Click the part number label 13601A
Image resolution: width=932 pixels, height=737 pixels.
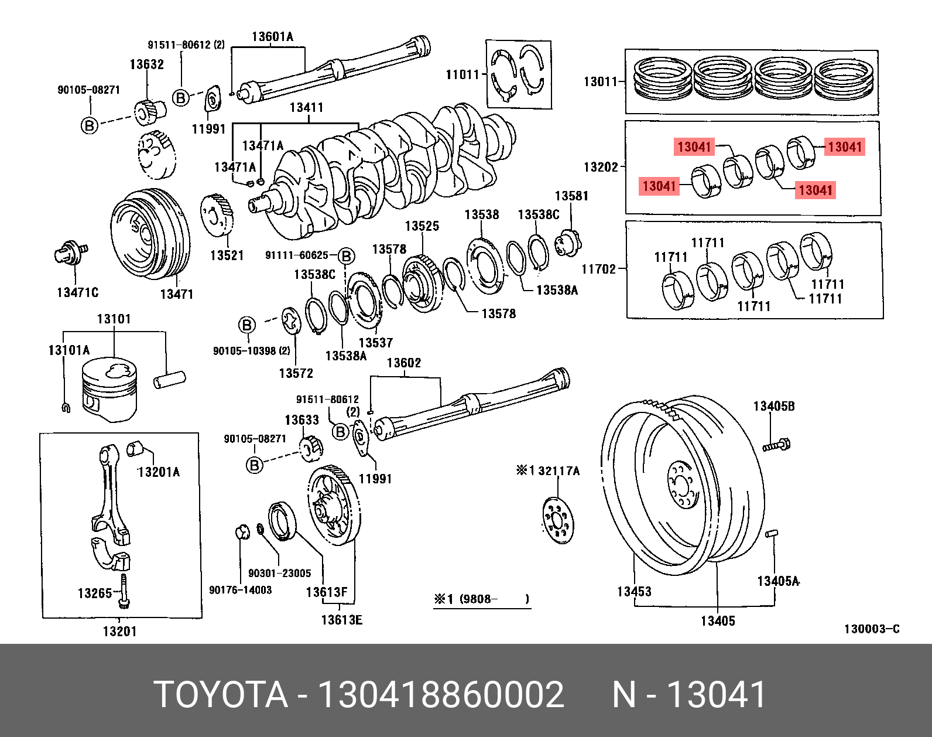272,37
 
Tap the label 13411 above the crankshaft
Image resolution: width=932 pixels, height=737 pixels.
306,107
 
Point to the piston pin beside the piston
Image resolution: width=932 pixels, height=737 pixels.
169,379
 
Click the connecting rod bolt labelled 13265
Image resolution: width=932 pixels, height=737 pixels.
124,591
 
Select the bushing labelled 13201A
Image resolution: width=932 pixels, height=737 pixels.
136,447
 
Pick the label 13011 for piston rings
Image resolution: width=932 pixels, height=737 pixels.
601,81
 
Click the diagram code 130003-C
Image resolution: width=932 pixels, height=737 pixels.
871,629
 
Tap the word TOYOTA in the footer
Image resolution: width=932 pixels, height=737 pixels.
220,695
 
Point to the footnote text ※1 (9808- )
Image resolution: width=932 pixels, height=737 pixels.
481,599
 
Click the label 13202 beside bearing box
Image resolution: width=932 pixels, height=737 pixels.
601,167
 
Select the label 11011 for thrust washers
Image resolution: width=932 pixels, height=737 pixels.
462,74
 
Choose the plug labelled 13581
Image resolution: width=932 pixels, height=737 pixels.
567,243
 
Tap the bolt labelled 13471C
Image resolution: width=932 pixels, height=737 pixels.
71,253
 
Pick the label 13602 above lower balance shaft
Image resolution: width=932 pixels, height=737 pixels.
404,363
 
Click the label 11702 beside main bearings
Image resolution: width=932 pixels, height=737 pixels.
598,269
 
